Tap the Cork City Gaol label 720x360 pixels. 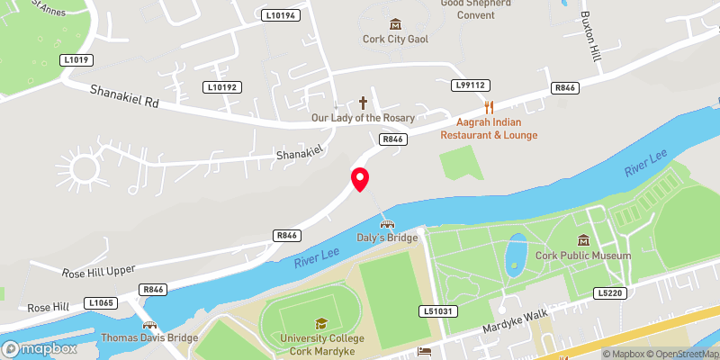click(394, 39)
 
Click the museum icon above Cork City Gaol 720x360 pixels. click(394, 23)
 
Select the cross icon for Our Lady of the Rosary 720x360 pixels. click(364, 103)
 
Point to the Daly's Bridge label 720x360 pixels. click(388, 238)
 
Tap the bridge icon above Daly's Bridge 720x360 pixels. click(388, 224)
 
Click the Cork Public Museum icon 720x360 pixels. click(583, 240)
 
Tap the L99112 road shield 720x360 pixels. click(469, 85)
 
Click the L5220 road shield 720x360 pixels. click(608, 292)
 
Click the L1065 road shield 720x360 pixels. click(101, 303)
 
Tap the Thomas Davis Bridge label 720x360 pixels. click(149, 337)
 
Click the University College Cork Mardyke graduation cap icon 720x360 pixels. click(320, 323)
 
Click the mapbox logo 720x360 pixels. click(39, 347)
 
